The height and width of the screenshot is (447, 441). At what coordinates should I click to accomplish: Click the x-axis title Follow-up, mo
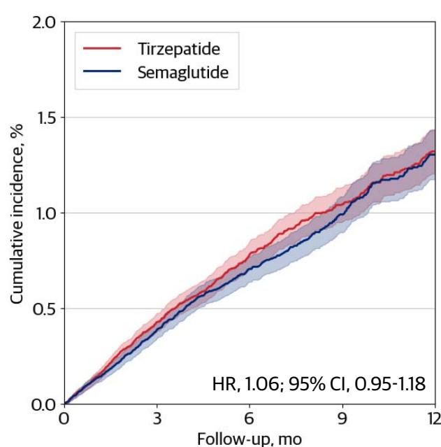pyautogui.click(x=250, y=438)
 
